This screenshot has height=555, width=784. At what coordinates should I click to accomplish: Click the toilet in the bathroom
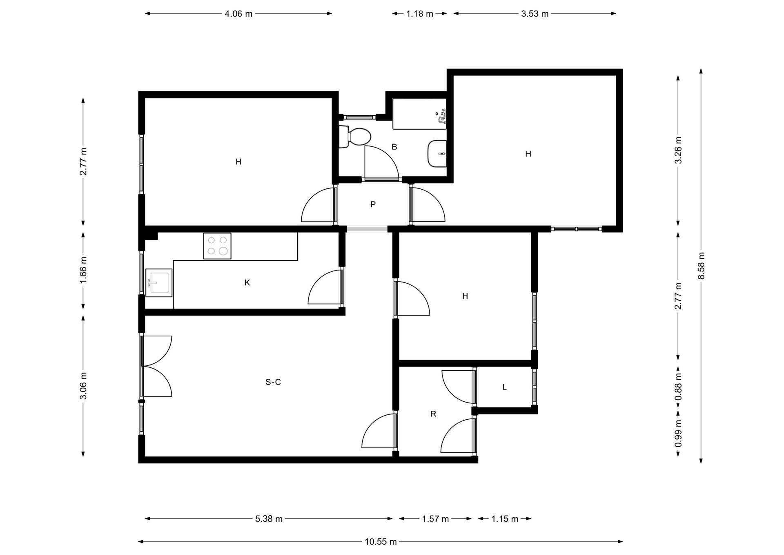coord(354,137)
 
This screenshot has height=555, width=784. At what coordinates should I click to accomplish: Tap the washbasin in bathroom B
coord(437,154)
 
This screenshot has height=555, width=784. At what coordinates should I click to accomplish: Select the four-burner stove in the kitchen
coord(217,246)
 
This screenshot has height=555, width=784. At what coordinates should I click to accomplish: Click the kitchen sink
coord(159,282)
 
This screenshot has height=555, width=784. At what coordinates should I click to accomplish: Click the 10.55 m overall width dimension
coord(381,542)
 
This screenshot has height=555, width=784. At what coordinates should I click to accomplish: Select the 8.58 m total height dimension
coord(701,266)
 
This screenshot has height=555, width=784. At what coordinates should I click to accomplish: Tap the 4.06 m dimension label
coord(238,14)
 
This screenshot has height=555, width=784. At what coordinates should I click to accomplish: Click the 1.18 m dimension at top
coord(420,14)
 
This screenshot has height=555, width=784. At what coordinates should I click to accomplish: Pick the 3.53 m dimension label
coord(535,14)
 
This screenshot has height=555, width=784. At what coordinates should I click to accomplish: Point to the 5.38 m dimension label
coord(269,519)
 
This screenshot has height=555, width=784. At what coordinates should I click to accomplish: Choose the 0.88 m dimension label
coord(678,387)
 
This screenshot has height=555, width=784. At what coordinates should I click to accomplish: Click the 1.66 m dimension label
coord(83,270)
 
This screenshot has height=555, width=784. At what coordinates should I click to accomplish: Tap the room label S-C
coord(273,382)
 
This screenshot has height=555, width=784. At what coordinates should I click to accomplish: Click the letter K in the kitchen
coord(247,283)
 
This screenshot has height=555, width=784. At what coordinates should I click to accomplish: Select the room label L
coord(505,387)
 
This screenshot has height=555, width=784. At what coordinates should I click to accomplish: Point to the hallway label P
coord(373,204)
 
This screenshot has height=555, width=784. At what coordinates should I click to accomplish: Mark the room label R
coord(433,414)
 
